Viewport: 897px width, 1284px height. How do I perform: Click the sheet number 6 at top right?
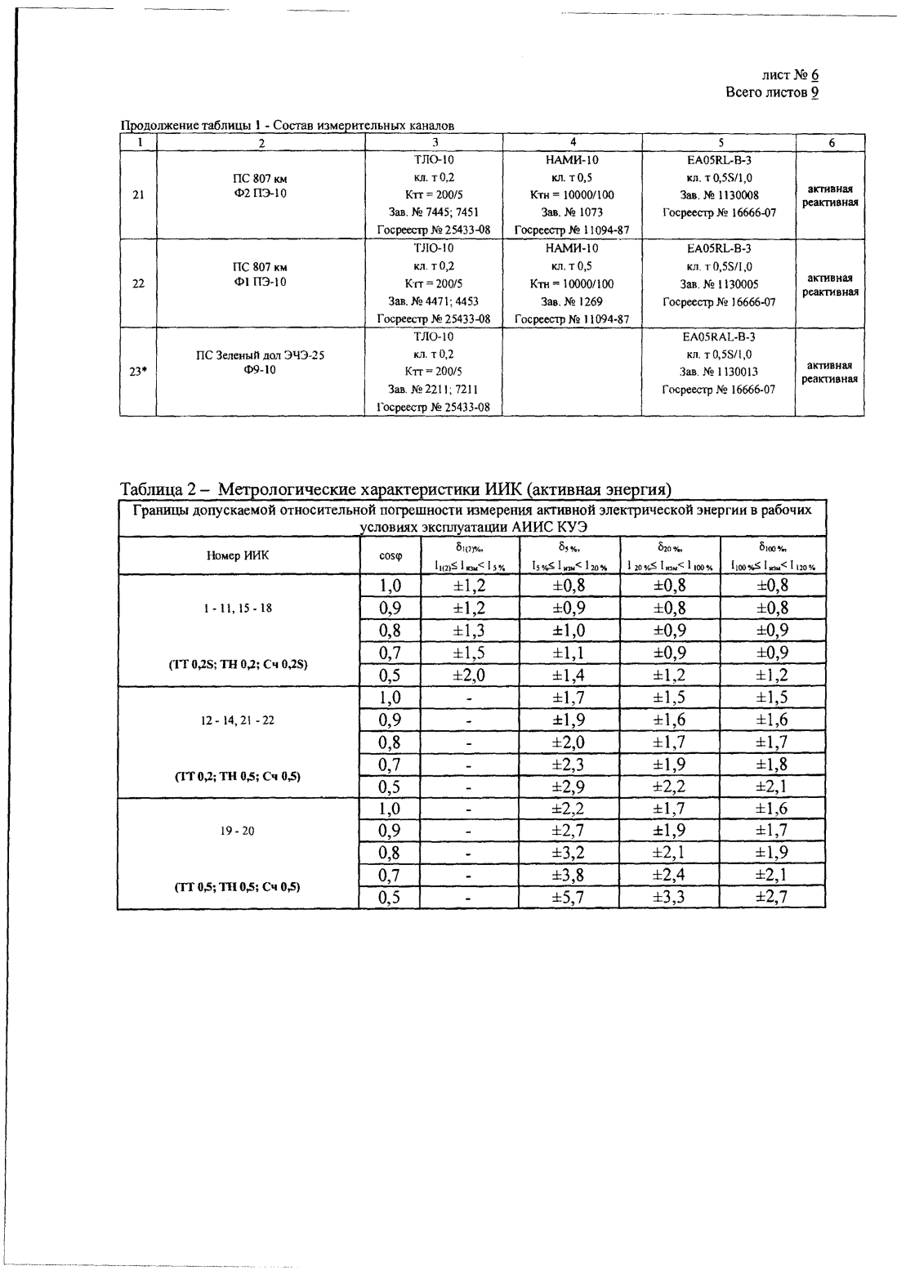[814, 76]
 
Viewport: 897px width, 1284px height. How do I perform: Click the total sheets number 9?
[814, 92]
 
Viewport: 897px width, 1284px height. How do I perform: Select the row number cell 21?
[138, 194]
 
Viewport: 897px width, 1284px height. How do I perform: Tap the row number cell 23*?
[138, 372]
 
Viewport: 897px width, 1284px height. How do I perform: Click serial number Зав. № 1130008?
[719, 195]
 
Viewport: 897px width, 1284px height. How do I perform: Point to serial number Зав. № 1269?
[572, 301]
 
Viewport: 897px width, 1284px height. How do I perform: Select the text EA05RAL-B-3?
[719, 337]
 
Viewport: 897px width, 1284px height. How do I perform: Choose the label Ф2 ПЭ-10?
[261, 194]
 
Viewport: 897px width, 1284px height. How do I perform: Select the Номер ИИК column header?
[238, 555]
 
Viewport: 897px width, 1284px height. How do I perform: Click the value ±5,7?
[569, 897]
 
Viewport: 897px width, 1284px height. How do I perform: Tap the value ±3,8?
[569, 875]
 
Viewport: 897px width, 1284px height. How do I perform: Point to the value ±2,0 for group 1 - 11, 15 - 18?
[469, 675]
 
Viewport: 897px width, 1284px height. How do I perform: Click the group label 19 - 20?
[238, 831]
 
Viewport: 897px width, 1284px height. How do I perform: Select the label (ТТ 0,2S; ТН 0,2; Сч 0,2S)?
[238, 664]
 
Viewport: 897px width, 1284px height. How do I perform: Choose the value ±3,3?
[669, 897]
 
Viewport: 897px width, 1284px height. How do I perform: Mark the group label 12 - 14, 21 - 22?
[238, 720]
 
